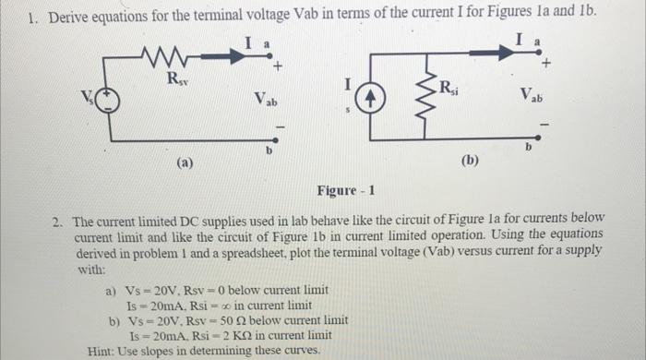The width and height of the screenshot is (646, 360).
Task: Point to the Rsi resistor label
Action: click(448, 89)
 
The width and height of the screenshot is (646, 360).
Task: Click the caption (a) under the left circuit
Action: click(185, 163)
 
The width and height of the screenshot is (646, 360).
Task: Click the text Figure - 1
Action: click(345, 191)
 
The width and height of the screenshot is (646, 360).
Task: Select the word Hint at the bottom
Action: click(101, 351)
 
